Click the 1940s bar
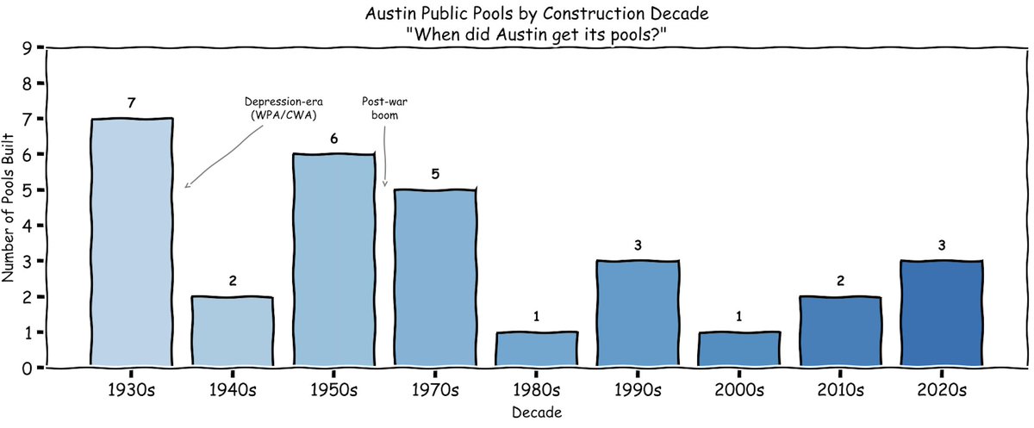[233, 332]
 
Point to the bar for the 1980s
[536, 349]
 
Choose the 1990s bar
[638, 313]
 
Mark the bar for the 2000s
[738, 349]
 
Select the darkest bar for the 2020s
[941, 313]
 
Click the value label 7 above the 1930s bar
[132, 103]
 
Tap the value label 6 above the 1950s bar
[334, 139]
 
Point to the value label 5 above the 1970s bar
[435, 174]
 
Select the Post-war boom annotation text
[380, 109]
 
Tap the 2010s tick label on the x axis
[840, 389]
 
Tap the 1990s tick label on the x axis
[638, 389]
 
